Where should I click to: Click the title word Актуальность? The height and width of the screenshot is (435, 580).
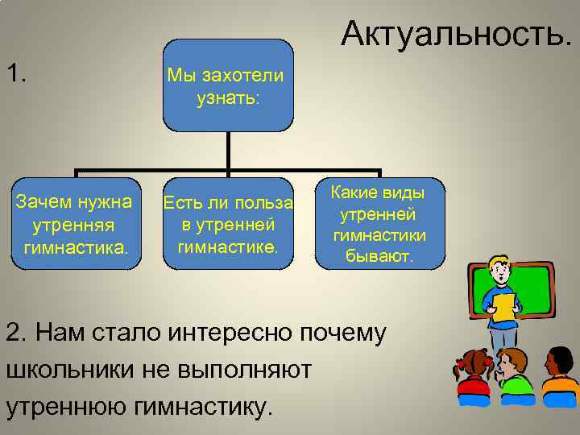tap(458, 34)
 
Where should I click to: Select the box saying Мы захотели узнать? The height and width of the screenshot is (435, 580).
tap(228, 85)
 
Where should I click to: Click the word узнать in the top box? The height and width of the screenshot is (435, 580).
tap(228, 98)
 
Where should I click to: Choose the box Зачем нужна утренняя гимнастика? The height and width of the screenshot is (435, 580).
tap(76, 222)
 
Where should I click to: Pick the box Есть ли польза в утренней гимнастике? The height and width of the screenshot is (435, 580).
tap(228, 222)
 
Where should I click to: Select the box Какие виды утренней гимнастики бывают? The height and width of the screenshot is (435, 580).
tap(379, 224)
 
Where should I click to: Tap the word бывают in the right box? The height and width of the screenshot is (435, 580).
tap(379, 256)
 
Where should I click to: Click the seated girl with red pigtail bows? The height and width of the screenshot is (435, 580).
tap(474, 375)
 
